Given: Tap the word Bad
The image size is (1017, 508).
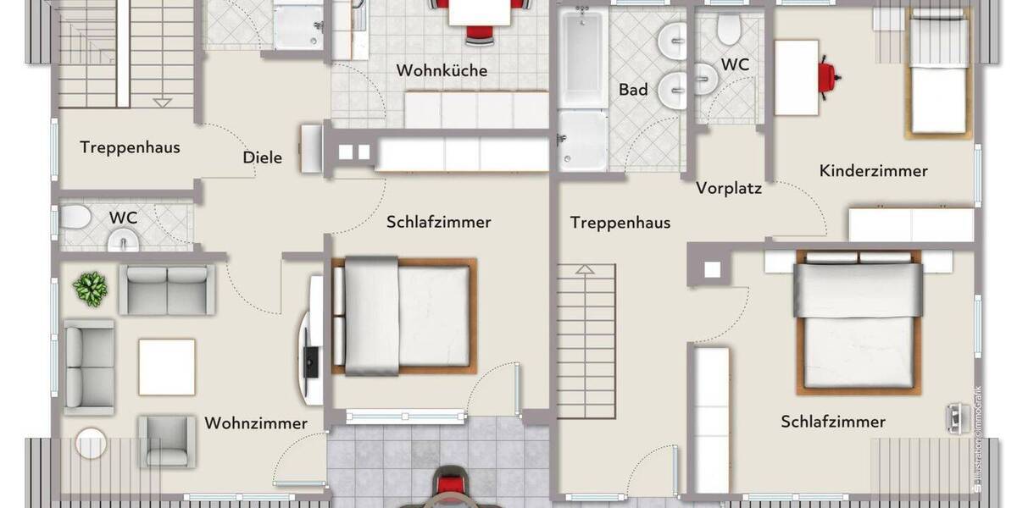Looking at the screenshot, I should (633, 89).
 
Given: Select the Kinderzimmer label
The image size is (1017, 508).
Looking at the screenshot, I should (873, 171).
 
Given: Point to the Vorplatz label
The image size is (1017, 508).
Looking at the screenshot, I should (729, 188).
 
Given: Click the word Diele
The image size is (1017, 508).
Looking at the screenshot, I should (262, 157).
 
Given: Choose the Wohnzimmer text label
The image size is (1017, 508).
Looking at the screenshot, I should (256, 422).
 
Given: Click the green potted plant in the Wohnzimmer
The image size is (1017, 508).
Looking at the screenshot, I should (91, 289).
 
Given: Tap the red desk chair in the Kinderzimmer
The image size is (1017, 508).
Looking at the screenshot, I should (827, 75).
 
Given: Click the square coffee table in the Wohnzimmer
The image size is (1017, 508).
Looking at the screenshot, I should (167, 367).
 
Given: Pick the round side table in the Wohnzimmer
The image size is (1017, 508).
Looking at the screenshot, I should (91, 443).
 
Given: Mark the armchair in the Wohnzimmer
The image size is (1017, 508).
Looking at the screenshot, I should (167, 439).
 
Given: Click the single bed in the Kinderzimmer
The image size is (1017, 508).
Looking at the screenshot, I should (937, 76).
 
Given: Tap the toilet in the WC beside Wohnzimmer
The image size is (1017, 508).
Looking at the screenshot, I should (75, 218).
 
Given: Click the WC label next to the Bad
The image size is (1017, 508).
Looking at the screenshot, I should (735, 64).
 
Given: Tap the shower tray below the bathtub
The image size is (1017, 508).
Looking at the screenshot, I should (582, 141).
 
